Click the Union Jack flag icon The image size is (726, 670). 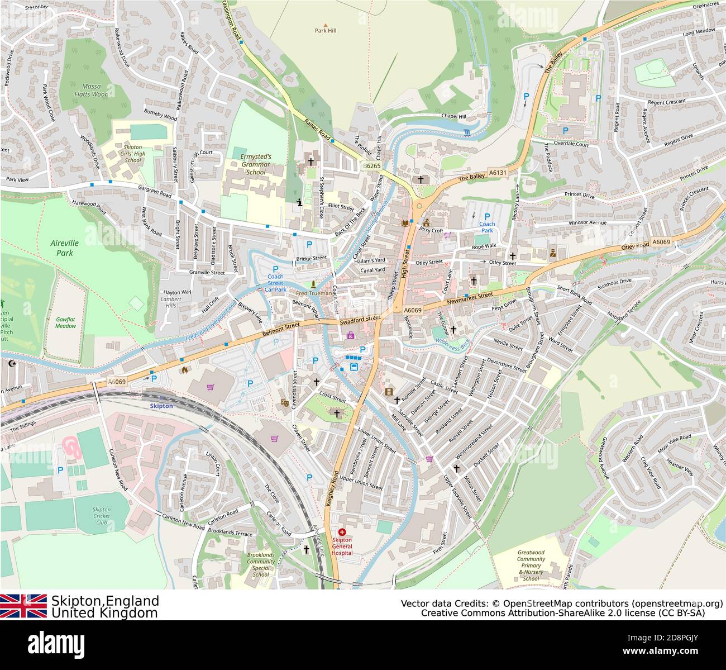[x=23, y=606]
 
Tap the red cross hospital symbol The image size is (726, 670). [x=342, y=533]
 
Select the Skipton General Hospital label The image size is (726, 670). [x=342, y=547]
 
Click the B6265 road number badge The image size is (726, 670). [x=372, y=166]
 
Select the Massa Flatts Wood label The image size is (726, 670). [x=92, y=91]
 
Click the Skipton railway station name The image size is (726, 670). [x=161, y=406]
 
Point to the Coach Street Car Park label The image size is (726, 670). [x=275, y=283]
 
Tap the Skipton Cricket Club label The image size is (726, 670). [x=102, y=516]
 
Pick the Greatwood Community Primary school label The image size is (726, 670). [x=531, y=565]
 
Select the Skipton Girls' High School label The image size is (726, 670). [x=133, y=153]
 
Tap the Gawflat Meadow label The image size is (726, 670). [x=65, y=322]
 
